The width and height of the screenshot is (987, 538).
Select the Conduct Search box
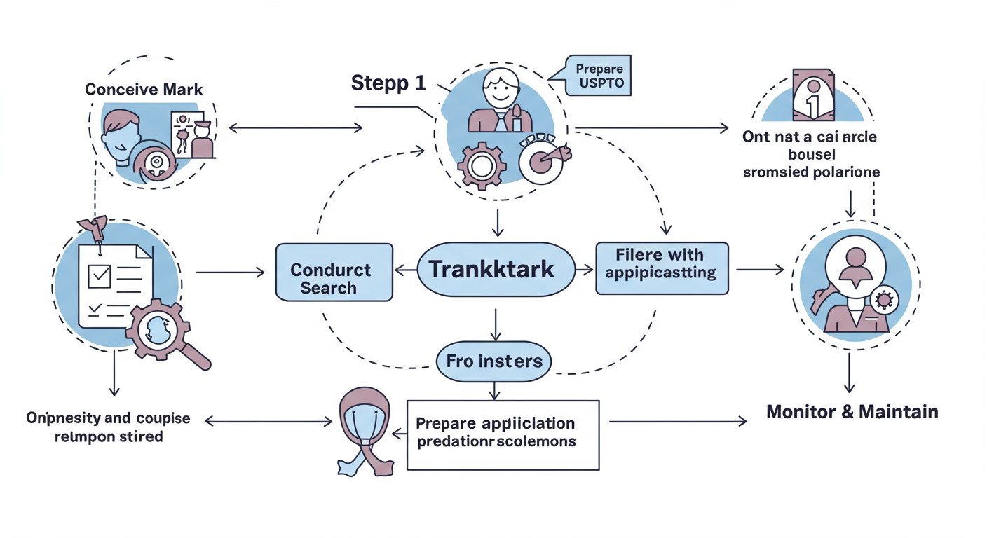point(334,273)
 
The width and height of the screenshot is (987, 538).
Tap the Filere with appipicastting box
point(661,268)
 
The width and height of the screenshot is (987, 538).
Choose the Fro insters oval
point(494,361)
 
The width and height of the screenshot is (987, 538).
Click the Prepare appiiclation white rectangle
point(503,434)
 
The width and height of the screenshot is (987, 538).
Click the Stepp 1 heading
point(388,83)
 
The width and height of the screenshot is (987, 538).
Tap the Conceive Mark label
point(144,89)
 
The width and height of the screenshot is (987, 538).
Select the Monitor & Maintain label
point(852,411)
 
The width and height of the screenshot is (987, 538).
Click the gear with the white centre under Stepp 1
point(481,166)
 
